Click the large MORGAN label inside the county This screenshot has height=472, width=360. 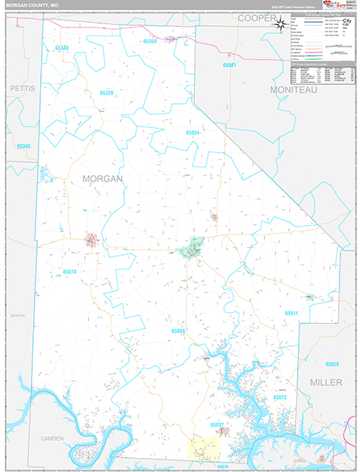pos(102,179)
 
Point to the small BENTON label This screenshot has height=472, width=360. pos(17,315)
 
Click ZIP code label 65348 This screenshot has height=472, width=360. pos(62,48)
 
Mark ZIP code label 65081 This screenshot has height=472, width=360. pos(229,65)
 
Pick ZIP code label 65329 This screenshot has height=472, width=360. pos(107,93)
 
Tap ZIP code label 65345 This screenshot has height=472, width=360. pos(24,146)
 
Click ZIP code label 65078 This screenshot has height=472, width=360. pos(70,271)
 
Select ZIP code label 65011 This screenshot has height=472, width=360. pos(292,313)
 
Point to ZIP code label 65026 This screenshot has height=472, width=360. pos(332,364)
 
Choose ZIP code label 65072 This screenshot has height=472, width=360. pos(281,399)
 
